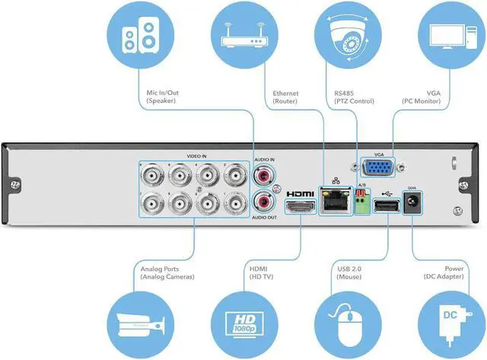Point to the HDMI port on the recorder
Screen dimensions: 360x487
pyautogui.click(x=298, y=206)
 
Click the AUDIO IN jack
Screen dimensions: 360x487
pyautogui.click(x=263, y=175)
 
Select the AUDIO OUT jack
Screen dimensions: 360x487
pyautogui.click(x=263, y=203)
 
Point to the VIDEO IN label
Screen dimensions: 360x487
pyautogui.click(x=197, y=156)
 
